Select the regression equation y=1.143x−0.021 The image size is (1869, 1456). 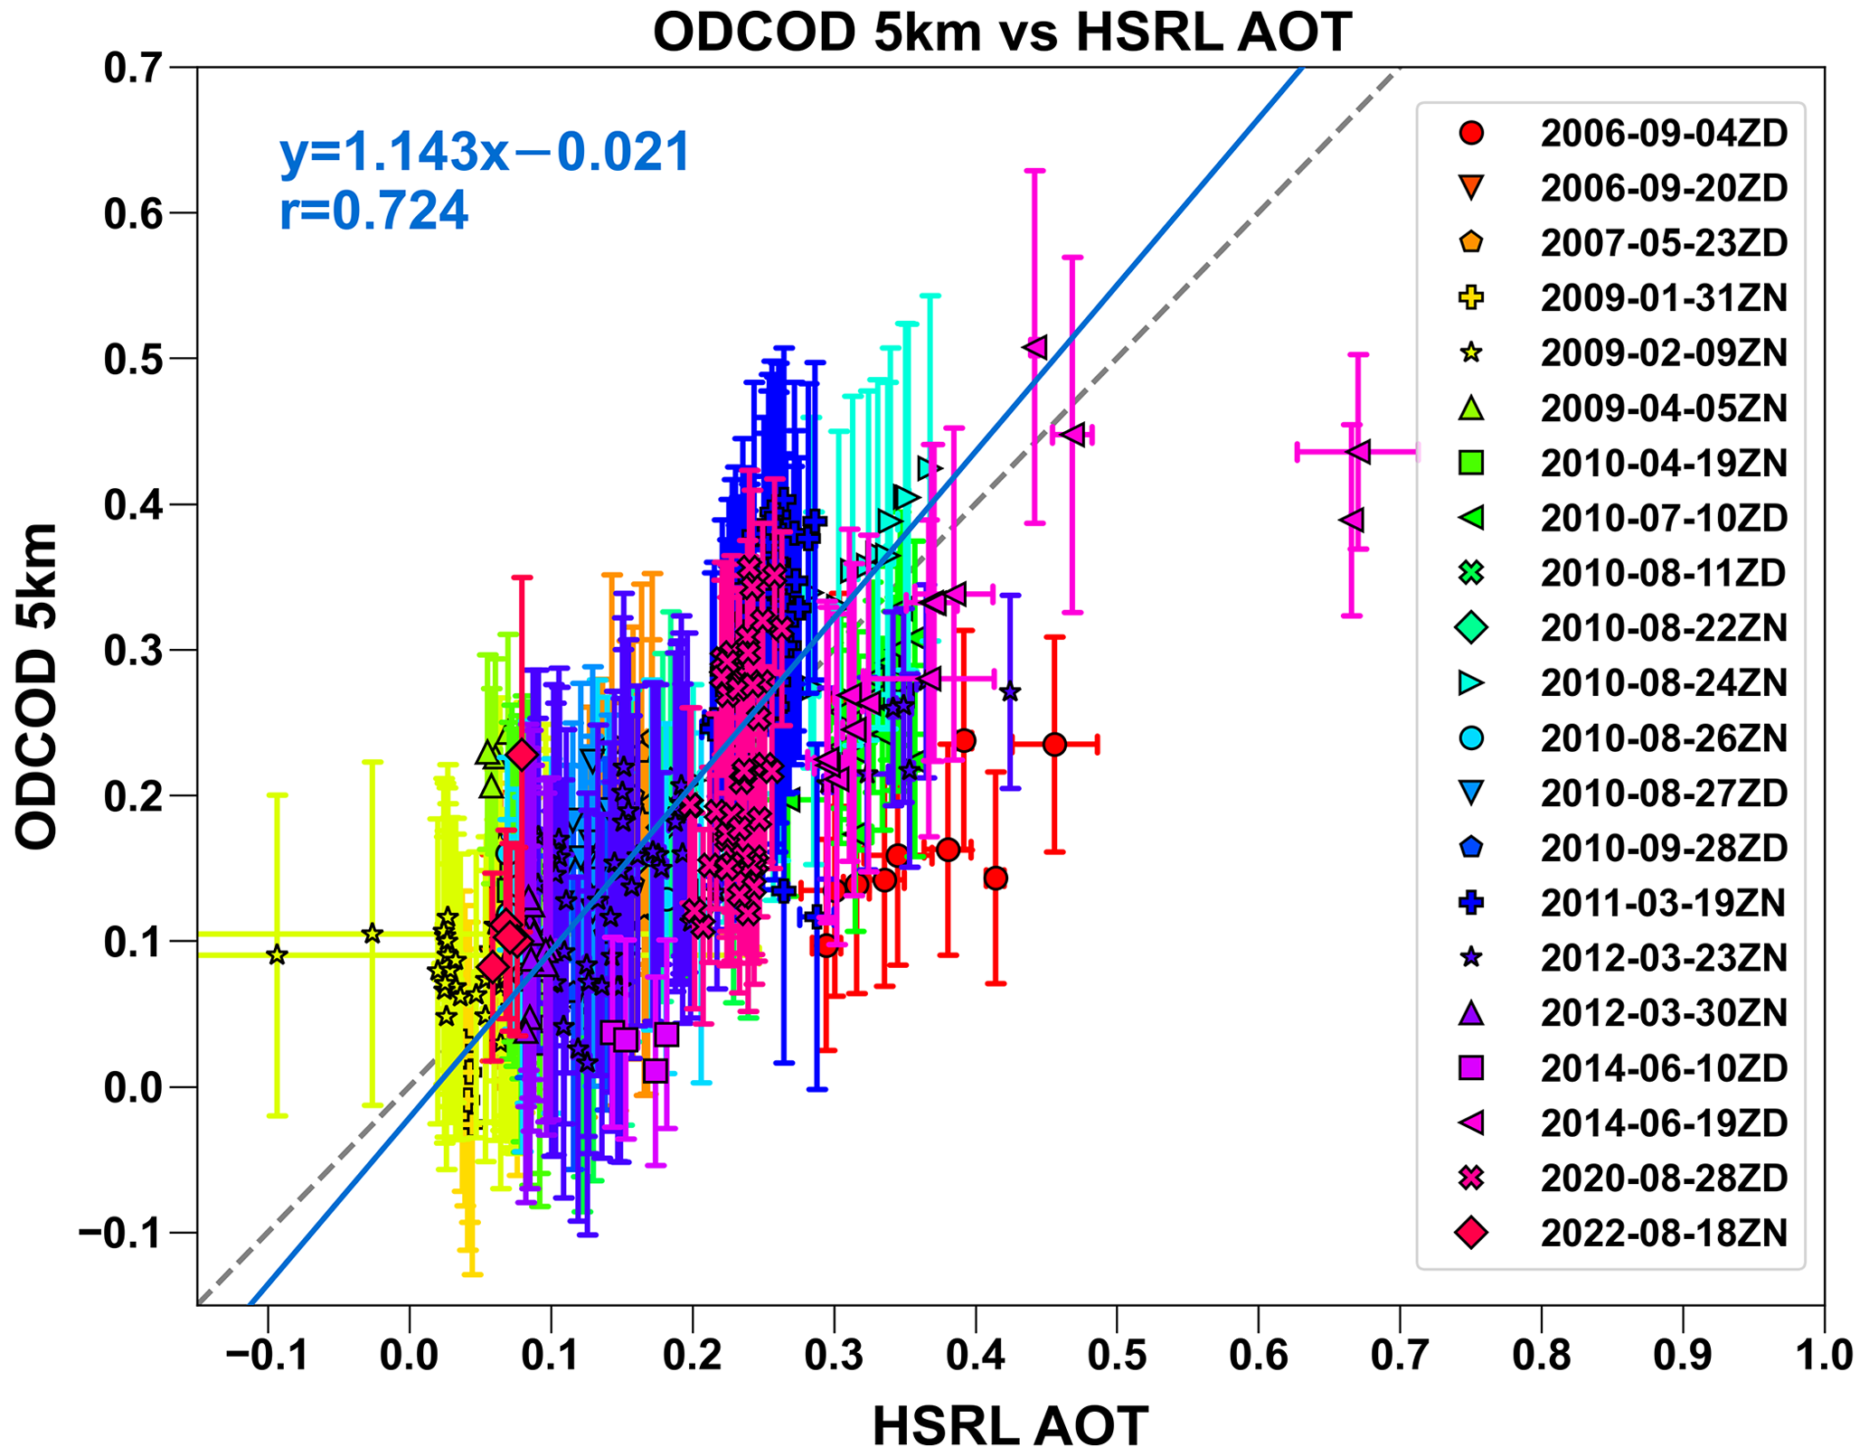(x=486, y=152)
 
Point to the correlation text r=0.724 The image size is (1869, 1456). (x=373, y=211)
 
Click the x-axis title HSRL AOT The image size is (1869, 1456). (x=1010, y=1426)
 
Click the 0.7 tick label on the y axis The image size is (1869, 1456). (x=137, y=69)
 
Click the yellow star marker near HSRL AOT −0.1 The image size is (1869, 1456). (x=278, y=954)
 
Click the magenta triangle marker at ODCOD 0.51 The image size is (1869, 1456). (x=1035, y=347)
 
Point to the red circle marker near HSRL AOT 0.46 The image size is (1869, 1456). (x=1054, y=745)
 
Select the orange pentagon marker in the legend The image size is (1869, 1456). (x=1472, y=242)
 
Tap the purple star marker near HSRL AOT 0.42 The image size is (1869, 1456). (x=1010, y=693)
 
